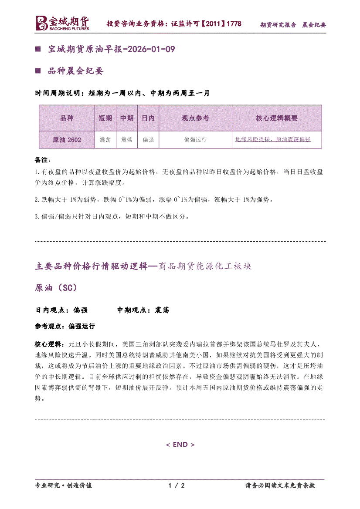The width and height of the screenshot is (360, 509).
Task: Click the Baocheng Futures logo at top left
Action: (62, 24)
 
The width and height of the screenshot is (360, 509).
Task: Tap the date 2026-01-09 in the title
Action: (150, 49)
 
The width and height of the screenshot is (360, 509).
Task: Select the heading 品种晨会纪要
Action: (75, 71)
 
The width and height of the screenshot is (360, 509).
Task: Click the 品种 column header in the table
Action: (67, 118)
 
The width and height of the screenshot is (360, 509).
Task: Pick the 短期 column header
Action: (105, 118)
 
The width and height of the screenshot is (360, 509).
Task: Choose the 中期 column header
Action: (126, 118)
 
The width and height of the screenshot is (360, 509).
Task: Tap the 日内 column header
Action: (148, 118)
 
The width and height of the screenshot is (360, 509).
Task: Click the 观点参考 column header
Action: (195, 118)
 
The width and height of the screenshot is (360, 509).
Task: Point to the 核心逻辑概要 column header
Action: (277, 118)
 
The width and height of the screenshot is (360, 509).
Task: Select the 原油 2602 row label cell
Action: (67, 140)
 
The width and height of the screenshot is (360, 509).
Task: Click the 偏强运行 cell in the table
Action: (195, 140)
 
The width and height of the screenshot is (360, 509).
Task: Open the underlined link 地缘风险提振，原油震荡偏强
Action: (273, 139)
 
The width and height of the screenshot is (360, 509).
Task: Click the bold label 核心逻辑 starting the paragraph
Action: (48, 344)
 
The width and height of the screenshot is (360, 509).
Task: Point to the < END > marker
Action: (180, 445)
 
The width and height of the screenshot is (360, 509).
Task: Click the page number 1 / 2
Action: (177, 485)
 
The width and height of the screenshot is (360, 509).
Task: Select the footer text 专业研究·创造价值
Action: (63, 485)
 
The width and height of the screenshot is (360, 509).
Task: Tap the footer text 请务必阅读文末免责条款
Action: (280, 485)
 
